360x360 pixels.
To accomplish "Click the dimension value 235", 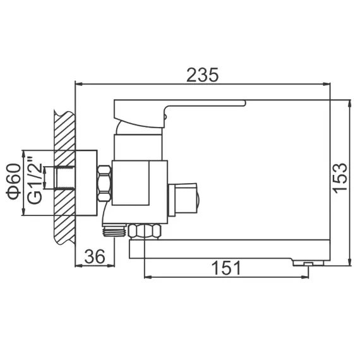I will tap(203, 75).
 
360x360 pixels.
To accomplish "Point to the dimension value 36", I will tap(95, 256).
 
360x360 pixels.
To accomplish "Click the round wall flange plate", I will tap(86, 183).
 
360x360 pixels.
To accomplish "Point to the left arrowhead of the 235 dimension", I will tap(78, 83).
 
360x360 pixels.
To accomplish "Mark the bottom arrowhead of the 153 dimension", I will tap(350, 262).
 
